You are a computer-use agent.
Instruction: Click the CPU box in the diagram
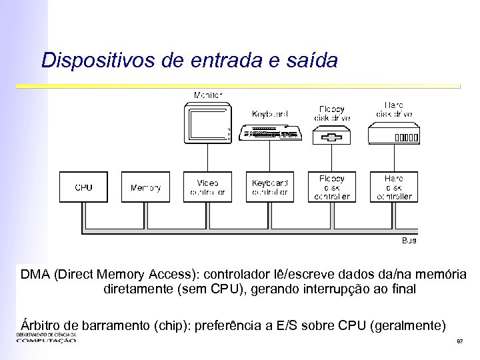pos(84,187)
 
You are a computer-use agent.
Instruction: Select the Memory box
pos(145,187)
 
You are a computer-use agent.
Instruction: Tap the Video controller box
pos(207,187)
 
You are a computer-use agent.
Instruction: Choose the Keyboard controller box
pos(269,187)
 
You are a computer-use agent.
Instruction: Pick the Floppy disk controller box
pos(331,187)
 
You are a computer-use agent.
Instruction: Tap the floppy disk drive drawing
pos(331,137)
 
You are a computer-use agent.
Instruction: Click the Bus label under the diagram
pos(409,240)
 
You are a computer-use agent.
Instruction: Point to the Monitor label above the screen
pos(208,95)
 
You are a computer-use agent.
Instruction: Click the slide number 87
pos(459,341)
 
